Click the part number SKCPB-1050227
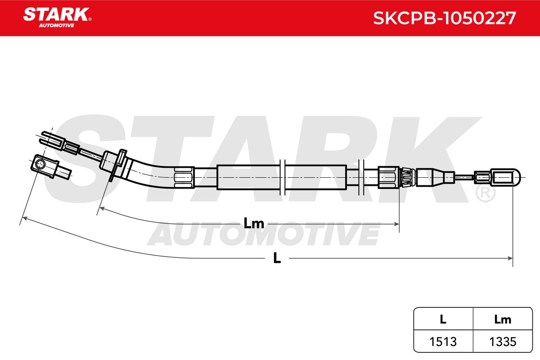click(x=444, y=18)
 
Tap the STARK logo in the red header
click(x=57, y=18)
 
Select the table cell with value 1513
click(x=443, y=342)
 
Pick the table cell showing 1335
click(x=503, y=342)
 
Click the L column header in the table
click(x=443, y=319)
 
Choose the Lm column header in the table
click(x=503, y=319)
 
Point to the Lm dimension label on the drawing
click(x=254, y=223)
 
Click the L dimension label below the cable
click(x=277, y=258)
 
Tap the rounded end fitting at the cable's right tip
click(x=505, y=178)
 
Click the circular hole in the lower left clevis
click(x=40, y=165)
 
